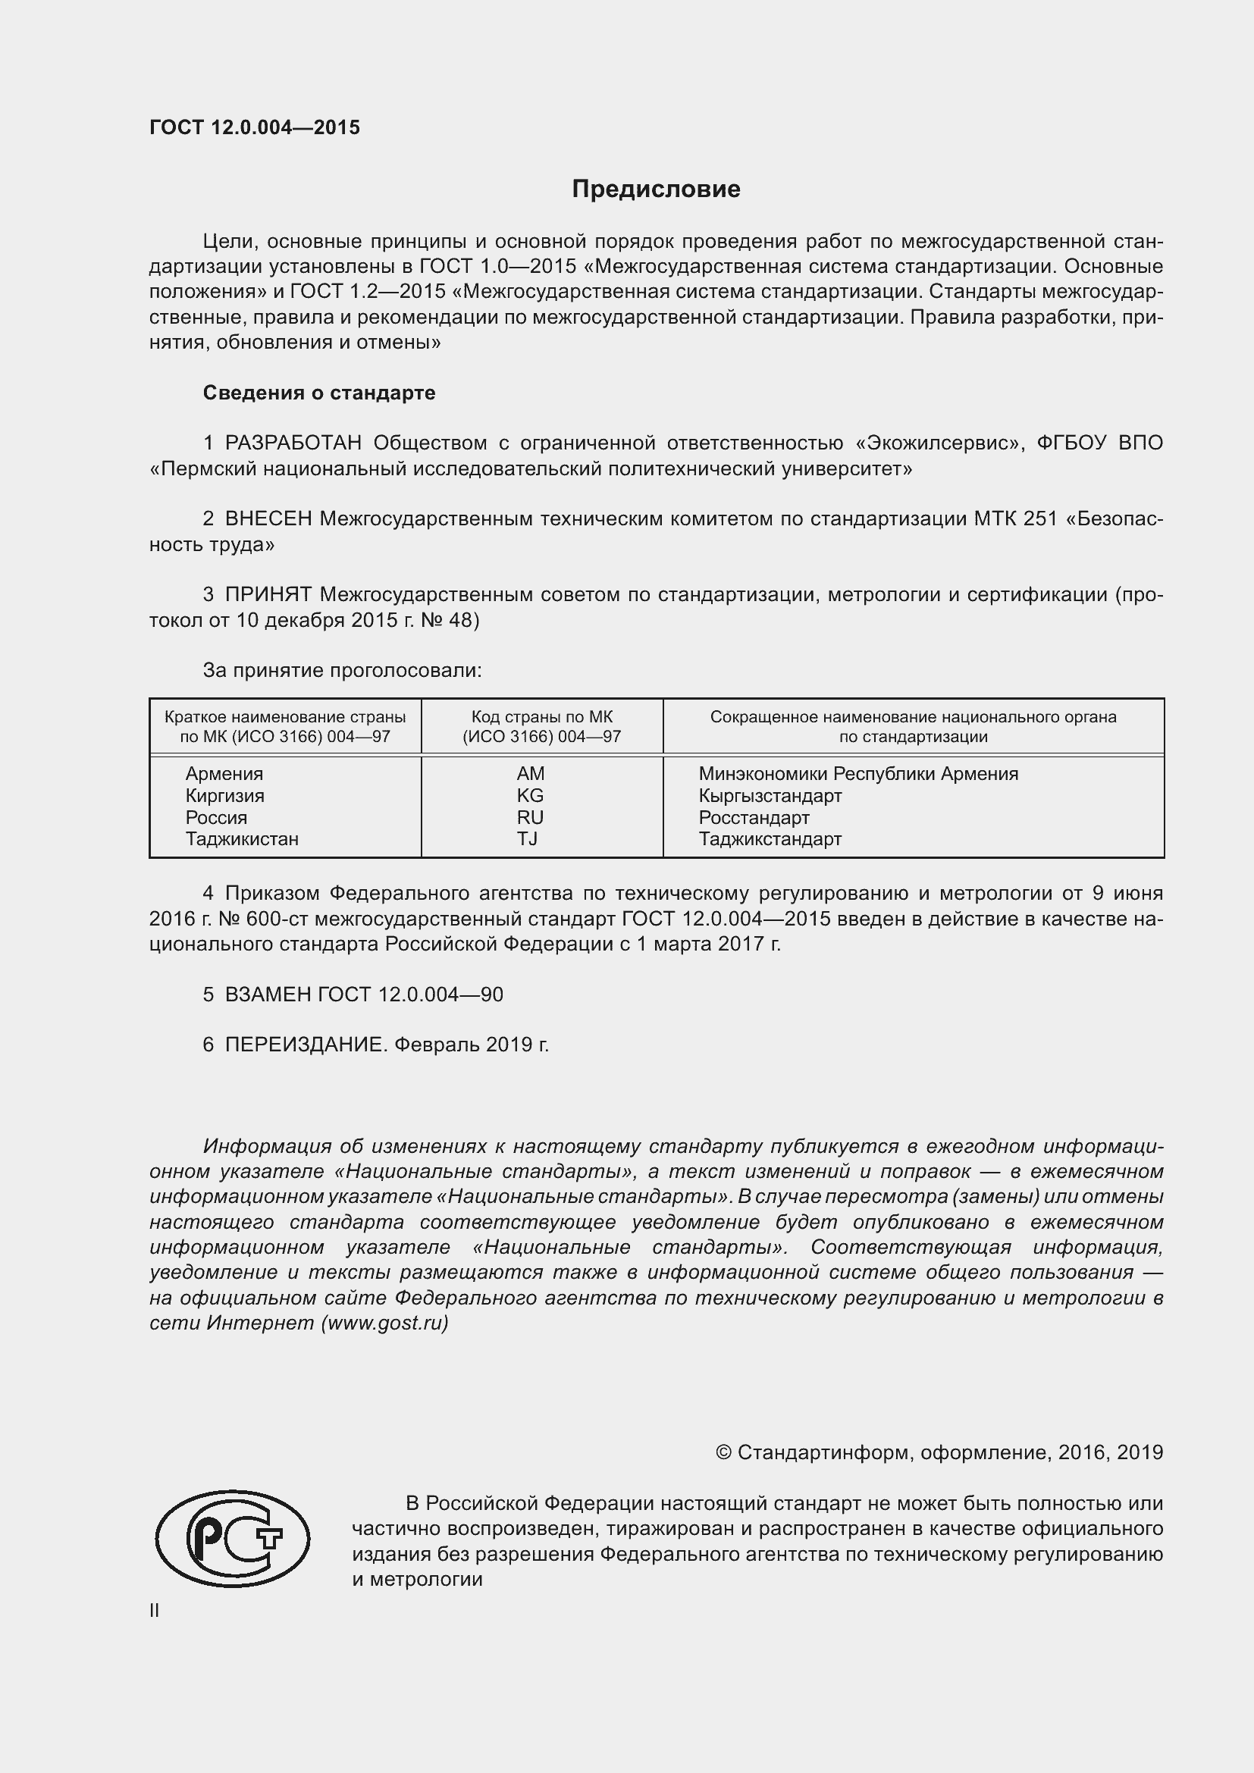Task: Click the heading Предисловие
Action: click(656, 190)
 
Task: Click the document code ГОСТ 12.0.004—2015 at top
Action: click(255, 127)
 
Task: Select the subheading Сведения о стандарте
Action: click(319, 393)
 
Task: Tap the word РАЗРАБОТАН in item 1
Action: click(293, 443)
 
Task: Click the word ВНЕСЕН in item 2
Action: click(268, 519)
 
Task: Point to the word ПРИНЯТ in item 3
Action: click(268, 594)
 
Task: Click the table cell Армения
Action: click(224, 774)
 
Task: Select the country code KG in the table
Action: click(531, 795)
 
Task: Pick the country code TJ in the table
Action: click(528, 838)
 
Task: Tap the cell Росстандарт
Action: click(754, 817)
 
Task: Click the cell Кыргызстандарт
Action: click(770, 795)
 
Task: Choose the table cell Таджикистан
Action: click(242, 838)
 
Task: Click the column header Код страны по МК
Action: click(541, 716)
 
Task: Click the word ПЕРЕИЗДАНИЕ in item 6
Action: click(304, 1045)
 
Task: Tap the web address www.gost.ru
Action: click(384, 1323)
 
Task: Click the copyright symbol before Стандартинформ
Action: click(723, 1452)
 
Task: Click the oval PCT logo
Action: click(232, 1538)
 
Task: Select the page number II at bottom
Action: click(155, 1610)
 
